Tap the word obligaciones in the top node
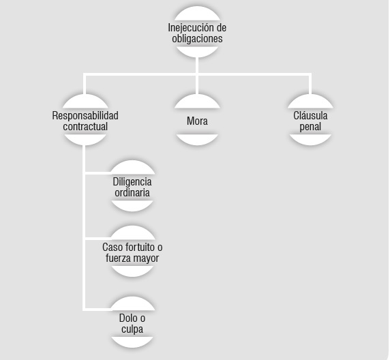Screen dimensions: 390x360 point(197,39)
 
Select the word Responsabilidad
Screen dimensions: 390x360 point(85,115)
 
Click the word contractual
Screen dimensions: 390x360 point(85,126)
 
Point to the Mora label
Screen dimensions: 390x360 point(197,121)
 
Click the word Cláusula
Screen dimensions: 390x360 point(310,115)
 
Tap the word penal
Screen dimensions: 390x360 point(310,127)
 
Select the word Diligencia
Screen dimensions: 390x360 point(132,182)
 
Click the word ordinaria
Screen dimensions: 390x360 point(132,192)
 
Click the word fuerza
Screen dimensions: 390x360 point(116,258)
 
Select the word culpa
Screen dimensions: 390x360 point(132,329)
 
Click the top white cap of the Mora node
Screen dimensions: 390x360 point(197,102)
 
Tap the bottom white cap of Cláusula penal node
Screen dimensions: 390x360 point(310,139)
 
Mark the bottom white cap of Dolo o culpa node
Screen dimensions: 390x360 point(132,342)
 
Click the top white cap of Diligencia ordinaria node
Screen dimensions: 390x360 point(132,168)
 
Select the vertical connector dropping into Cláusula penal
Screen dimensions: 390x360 point(310,85)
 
